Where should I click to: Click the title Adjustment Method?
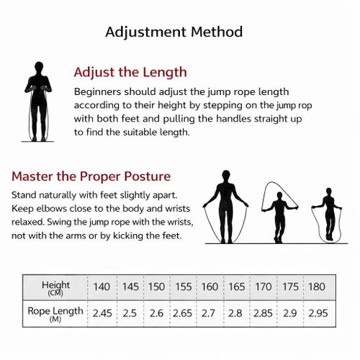coord(174,32)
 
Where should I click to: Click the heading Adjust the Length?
coord(130,73)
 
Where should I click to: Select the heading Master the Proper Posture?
coord(91,176)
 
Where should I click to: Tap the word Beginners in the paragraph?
coord(97,92)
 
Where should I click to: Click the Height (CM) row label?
coord(55,288)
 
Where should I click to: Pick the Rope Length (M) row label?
coord(55,314)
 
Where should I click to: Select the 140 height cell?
coord(102,287)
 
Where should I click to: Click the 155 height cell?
coord(184,287)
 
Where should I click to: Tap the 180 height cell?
coord(317,287)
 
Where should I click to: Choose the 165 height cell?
coord(237,287)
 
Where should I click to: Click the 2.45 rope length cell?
coord(102,313)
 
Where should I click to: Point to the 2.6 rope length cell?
coord(156,313)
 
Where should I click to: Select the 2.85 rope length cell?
coord(263,313)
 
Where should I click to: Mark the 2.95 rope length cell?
coord(318,313)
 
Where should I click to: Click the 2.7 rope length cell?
coord(208,313)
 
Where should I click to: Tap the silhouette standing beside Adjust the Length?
coord(38,101)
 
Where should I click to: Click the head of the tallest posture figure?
coord(226,176)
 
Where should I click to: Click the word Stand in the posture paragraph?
coord(24,195)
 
